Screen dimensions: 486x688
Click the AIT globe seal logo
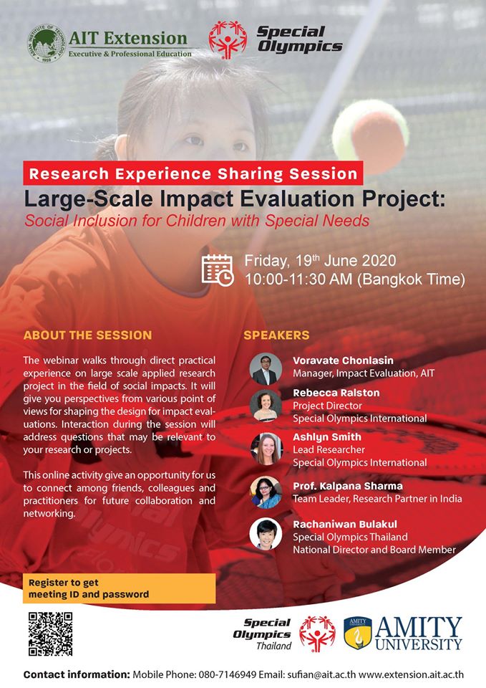pyautogui.click(x=46, y=44)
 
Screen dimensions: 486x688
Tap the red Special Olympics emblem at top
pyautogui.click(x=228, y=40)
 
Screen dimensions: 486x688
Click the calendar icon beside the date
pyautogui.click(x=218, y=270)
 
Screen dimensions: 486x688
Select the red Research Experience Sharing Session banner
pyautogui.click(x=193, y=173)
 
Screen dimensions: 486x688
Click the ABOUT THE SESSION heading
pyautogui.click(x=87, y=335)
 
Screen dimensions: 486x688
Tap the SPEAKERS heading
pyautogui.click(x=276, y=335)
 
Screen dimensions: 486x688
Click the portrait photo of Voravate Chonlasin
pyautogui.click(x=266, y=369)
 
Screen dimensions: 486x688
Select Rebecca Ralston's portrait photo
pyautogui.click(x=266, y=406)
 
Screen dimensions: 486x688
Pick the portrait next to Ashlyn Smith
pyautogui.click(x=266, y=449)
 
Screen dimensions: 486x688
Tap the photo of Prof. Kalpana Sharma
pyautogui.click(x=266, y=492)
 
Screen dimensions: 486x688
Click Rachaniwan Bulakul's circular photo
pyautogui.click(x=266, y=534)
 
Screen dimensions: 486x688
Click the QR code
pyautogui.click(x=50, y=634)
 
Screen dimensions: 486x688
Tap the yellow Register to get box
pyautogui.click(x=120, y=588)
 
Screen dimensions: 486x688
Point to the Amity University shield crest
pyautogui.click(x=358, y=633)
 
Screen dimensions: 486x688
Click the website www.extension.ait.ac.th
pyautogui.click(x=411, y=674)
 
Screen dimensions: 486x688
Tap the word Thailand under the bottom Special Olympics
pyautogui.click(x=274, y=646)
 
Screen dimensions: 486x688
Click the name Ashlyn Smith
pyautogui.click(x=327, y=437)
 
